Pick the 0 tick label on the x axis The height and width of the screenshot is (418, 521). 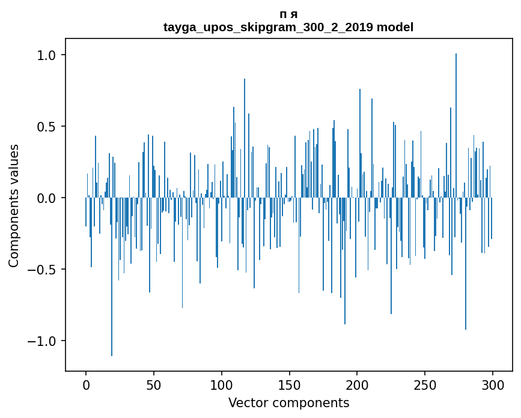click(86, 384)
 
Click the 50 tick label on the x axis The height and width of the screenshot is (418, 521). click(154, 384)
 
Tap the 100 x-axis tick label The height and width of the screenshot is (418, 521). click(222, 384)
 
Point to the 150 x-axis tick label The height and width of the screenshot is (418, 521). click(290, 384)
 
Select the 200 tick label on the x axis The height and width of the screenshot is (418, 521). click(357, 384)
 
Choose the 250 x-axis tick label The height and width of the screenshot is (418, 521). click(425, 384)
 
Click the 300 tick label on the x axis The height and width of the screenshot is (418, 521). click(493, 384)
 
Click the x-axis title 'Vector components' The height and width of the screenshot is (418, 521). click(288, 402)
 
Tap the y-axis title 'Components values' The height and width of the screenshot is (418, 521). click(14, 205)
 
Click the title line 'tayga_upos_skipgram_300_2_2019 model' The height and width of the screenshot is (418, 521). click(288, 27)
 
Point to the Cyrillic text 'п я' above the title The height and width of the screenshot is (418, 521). click(288, 14)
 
